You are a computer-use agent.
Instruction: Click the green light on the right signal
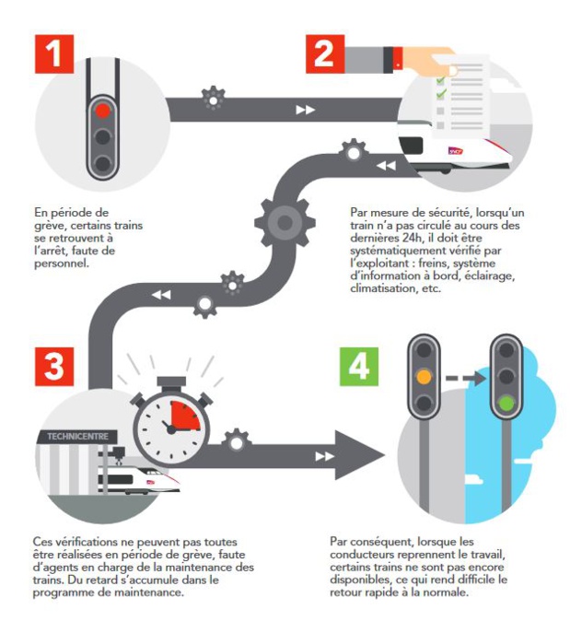pos(506,402)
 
